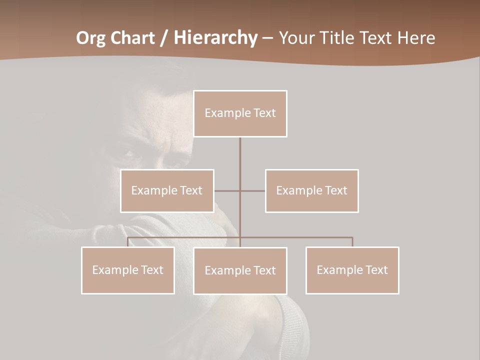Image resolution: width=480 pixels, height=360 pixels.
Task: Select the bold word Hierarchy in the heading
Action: pyautogui.click(x=215, y=38)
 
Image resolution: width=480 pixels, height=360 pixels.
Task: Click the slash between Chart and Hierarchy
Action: pyautogui.click(x=164, y=38)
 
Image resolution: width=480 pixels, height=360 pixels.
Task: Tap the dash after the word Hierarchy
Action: pyautogui.click(x=267, y=38)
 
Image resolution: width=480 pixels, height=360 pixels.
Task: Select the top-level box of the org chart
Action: pyautogui.click(x=240, y=113)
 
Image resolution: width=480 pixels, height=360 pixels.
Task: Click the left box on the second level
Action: pyautogui.click(x=167, y=190)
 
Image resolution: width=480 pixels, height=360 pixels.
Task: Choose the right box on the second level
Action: pyautogui.click(x=311, y=190)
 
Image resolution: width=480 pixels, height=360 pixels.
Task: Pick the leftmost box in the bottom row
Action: pyautogui.click(x=128, y=270)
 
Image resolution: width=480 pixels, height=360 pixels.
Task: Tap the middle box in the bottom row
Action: pyautogui.click(x=240, y=270)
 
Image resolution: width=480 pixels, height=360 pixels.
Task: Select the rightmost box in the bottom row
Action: pyautogui.click(x=352, y=270)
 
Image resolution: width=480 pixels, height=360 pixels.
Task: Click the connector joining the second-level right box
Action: pyautogui.click(x=253, y=190)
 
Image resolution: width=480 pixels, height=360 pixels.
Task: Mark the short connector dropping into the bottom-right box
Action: pyautogui.click(x=352, y=242)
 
